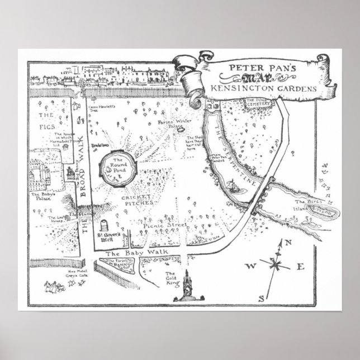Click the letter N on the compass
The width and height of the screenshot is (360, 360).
tap(288, 242)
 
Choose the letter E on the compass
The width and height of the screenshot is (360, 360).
tap(299, 266)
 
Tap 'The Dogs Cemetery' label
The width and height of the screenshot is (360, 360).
tap(259, 102)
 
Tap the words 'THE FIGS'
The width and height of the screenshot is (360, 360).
tap(45, 122)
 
